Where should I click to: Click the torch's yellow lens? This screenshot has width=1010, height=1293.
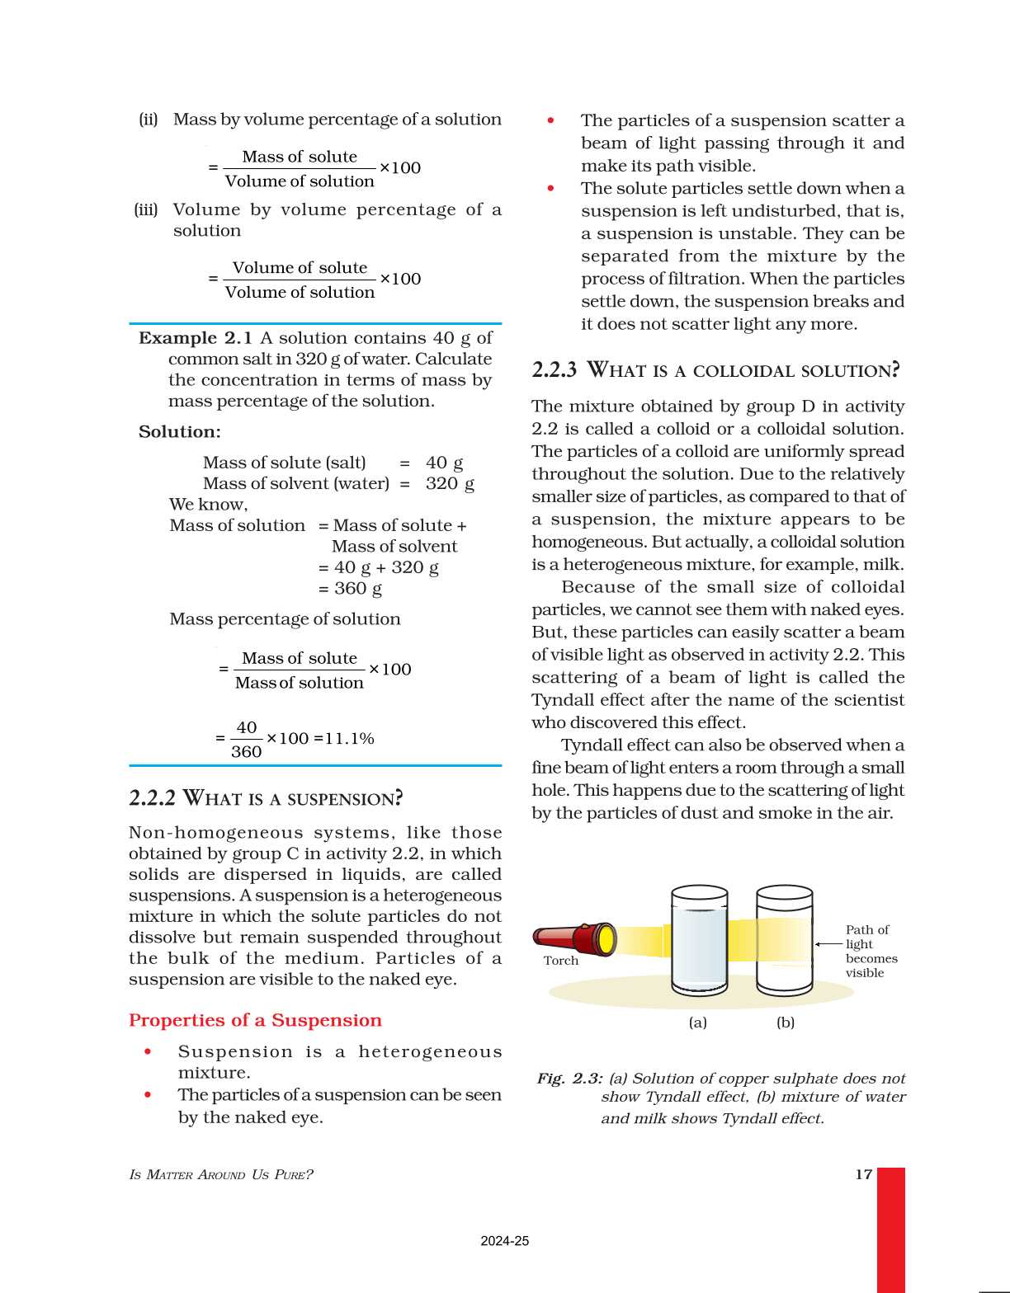(606, 940)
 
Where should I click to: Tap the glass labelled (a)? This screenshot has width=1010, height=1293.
(699, 940)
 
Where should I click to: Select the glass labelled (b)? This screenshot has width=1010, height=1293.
(784, 940)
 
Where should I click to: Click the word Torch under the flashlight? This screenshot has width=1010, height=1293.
(561, 961)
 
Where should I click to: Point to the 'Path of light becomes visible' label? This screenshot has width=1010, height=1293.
(871, 951)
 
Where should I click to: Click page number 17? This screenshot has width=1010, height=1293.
(863, 1174)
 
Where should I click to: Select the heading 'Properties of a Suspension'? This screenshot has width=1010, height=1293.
(255, 1020)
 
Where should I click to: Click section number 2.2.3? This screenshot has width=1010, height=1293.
(554, 369)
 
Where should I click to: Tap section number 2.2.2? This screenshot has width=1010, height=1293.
(152, 797)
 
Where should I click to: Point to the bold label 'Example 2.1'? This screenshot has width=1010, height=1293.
(196, 338)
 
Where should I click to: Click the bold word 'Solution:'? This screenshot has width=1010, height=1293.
(180, 432)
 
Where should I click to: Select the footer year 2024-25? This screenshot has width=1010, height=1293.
(504, 1241)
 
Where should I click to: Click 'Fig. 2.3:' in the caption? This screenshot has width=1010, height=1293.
(569, 1079)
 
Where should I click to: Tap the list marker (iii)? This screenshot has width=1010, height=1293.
(146, 209)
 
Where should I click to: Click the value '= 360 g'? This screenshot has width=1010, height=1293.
(350, 589)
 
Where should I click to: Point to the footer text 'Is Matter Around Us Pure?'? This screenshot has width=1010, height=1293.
(221, 1174)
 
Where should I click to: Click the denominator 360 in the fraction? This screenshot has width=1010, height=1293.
(246, 751)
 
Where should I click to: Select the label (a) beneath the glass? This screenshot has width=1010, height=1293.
(698, 1023)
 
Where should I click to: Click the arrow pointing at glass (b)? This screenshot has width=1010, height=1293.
(828, 944)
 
